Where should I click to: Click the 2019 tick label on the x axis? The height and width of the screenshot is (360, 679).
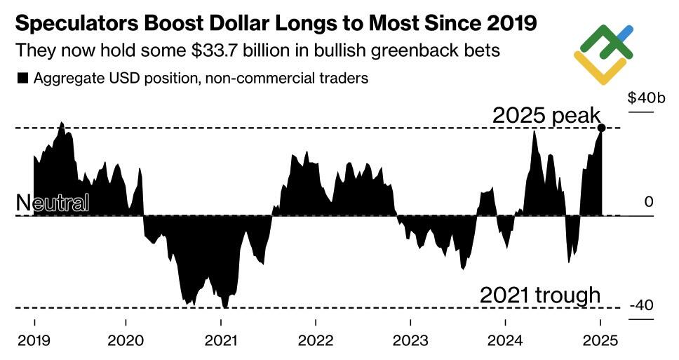tap(34, 340)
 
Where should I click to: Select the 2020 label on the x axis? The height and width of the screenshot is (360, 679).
tap(126, 340)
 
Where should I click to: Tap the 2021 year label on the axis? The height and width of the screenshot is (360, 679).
tap(221, 340)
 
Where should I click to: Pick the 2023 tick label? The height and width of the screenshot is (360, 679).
tap(410, 340)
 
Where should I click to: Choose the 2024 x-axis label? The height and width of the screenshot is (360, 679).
tap(506, 340)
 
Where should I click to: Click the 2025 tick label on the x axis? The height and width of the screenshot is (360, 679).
tap(600, 340)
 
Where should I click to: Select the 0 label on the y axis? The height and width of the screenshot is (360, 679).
tap(649, 202)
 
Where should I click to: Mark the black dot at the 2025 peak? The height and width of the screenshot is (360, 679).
tap(601, 127)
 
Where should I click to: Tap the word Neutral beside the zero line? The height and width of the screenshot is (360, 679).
tap(53, 204)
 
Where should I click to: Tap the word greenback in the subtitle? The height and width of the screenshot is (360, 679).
tap(403, 51)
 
